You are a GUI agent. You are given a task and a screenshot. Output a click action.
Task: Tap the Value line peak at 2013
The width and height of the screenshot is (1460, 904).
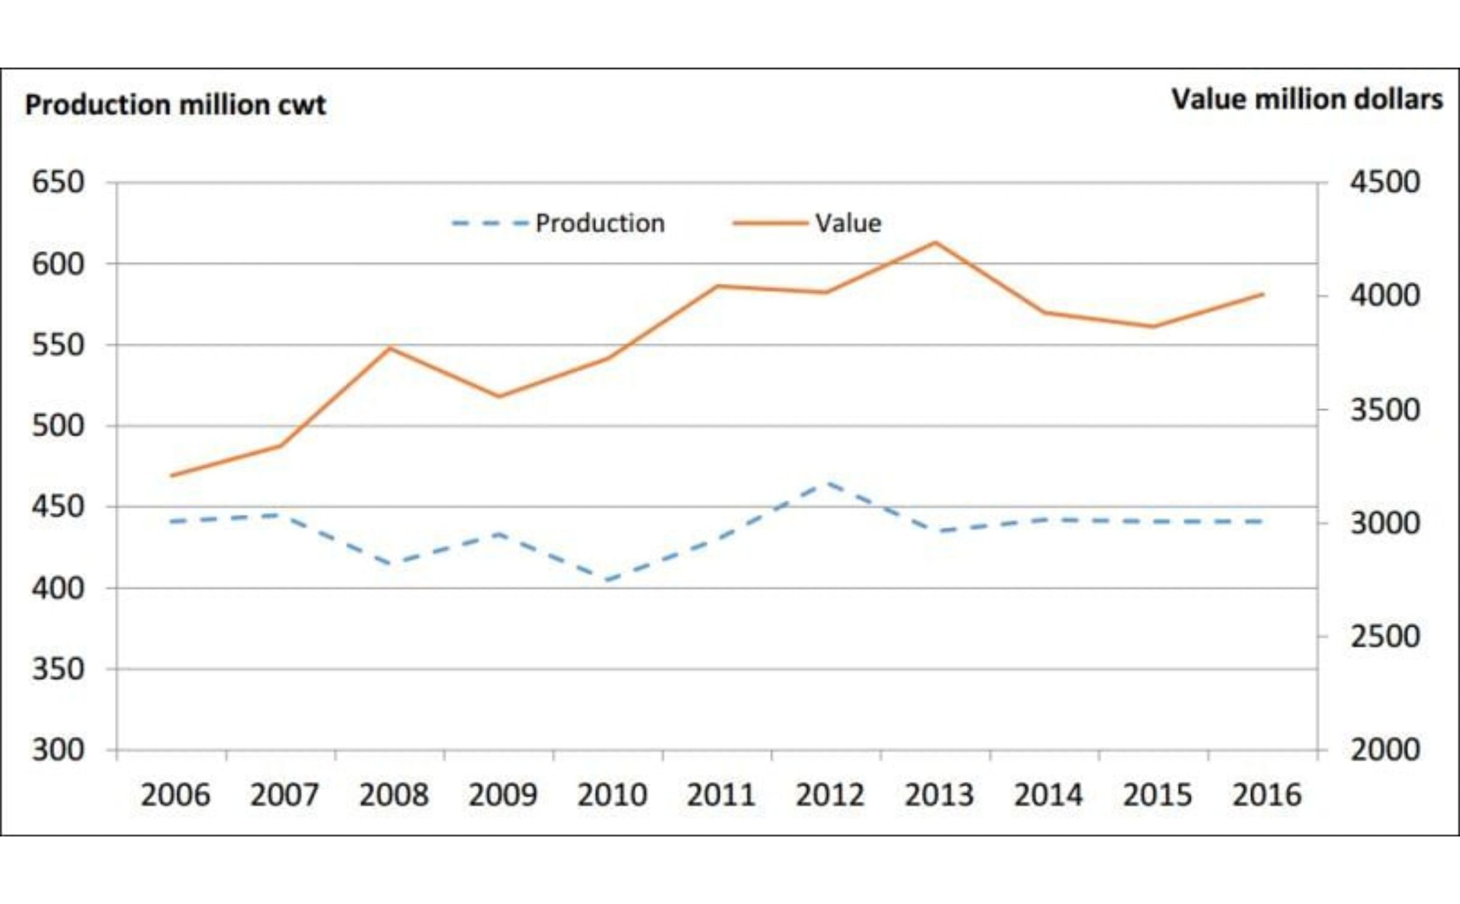click(x=936, y=243)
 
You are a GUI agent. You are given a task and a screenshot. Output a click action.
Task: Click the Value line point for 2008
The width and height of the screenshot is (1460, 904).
click(x=391, y=348)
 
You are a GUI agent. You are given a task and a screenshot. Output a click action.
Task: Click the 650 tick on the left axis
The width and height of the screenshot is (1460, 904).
click(x=58, y=182)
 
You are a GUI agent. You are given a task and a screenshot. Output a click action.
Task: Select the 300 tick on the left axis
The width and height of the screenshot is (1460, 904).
click(x=58, y=750)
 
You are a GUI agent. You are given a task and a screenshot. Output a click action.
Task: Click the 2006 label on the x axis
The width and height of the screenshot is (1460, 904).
click(x=175, y=794)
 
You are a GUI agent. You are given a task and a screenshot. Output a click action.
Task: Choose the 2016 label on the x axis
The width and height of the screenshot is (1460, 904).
click(x=1267, y=794)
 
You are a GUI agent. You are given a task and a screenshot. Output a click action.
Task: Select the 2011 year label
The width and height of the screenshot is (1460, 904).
click(x=721, y=794)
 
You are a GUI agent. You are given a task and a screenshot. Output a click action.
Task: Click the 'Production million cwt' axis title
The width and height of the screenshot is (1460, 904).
click(x=175, y=105)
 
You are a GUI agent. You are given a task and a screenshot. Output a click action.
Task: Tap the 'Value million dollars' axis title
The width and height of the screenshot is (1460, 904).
click(x=1307, y=99)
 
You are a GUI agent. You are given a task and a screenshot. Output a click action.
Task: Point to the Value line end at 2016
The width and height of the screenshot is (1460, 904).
click(x=1263, y=294)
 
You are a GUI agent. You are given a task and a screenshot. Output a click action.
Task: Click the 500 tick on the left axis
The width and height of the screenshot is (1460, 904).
click(x=58, y=426)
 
